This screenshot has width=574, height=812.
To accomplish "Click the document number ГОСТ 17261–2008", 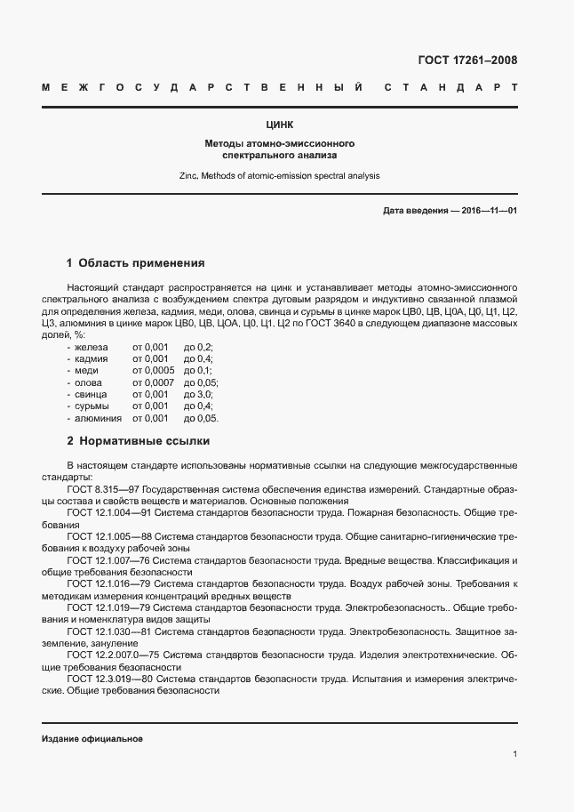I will (466, 60).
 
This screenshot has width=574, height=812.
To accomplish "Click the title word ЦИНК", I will (280, 125).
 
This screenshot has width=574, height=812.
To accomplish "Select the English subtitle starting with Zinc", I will (280, 175).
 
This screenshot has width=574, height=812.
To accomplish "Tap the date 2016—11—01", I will (487, 211).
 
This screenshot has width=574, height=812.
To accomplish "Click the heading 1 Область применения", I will (136, 263).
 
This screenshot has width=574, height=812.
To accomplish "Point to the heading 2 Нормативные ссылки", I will (139, 440).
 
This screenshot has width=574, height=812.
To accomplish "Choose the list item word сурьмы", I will (92, 406).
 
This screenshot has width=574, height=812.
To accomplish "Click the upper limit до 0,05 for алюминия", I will (201, 418).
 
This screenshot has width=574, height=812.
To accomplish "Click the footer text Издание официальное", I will (92, 739).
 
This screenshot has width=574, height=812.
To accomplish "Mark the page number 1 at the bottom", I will (515, 754).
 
